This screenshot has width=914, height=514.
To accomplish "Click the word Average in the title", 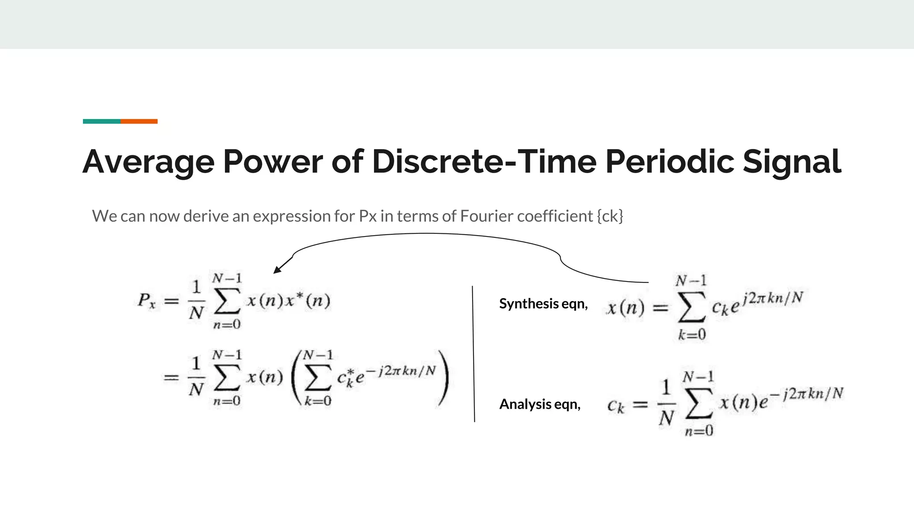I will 148,162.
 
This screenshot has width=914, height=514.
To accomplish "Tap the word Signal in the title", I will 792,162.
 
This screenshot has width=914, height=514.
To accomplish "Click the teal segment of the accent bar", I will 102,121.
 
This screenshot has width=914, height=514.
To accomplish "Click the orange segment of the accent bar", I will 139,121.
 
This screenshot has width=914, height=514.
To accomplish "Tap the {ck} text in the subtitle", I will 610,216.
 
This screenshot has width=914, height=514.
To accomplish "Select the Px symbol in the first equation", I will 146,301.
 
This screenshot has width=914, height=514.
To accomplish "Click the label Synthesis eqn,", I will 543,304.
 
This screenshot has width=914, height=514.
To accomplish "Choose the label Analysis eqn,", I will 540,404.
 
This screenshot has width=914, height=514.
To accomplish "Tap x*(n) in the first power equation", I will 308,301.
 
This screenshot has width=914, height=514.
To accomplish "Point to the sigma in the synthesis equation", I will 691,307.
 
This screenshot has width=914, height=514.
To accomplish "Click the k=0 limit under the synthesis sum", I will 692,335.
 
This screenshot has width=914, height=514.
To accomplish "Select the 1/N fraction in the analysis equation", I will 666,403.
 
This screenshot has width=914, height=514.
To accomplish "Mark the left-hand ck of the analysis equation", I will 616,406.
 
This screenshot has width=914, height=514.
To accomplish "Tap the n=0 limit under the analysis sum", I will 699,431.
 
